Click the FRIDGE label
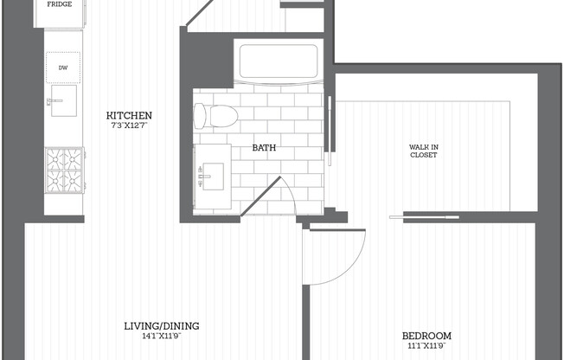60,4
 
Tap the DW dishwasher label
63,67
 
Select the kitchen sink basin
64,100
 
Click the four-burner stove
64,170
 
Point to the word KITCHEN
129,116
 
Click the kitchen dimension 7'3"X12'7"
129,125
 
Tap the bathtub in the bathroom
279,61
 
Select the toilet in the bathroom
215,116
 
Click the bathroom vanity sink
213,177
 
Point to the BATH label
264,148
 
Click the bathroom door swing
269,196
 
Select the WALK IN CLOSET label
424,151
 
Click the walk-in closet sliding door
425,217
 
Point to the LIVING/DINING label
162,326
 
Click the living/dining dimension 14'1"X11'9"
162,337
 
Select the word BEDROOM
426,336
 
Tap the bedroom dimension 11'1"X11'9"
426,346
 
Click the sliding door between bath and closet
330,131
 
